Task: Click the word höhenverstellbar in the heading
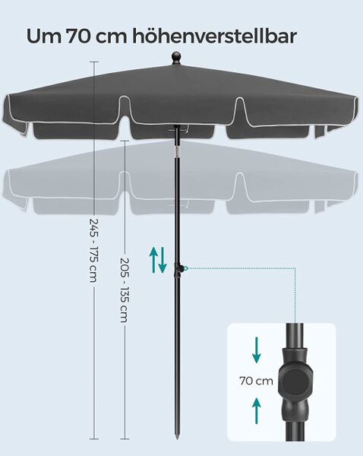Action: tap(214, 36)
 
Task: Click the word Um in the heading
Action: tap(44, 36)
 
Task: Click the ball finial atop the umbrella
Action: tap(176, 58)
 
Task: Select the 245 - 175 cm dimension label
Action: tap(93, 250)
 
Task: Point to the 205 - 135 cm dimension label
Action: tap(125, 290)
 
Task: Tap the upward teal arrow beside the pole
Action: tap(153, 260)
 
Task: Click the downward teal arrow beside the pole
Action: tap(163, 260)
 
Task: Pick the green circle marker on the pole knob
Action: tap(186, 268)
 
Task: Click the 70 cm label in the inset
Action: tap(256, 381)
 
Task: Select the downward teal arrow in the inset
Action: tap(257, 350)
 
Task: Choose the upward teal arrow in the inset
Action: tap(257, 411)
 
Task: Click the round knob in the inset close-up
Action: tap(295, 382)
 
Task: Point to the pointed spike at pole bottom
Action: tap(177, 435)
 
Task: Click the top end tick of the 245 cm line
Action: tap(94, 62)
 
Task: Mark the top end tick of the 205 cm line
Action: tap(125, 141)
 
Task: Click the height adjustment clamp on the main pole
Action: tap(178, 270)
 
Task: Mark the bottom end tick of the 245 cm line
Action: tap(94, 439)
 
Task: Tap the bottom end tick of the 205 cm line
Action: tap(125, 439)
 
